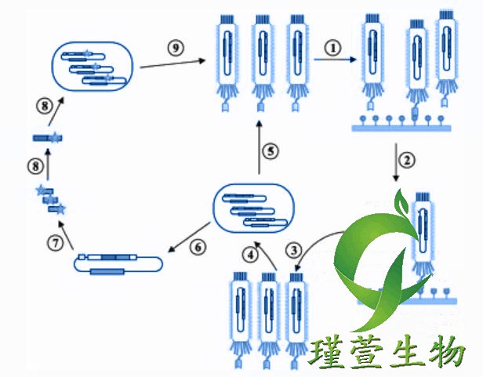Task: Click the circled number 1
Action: point(335,46)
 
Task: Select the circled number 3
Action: point(292,250)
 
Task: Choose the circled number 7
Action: point(55,243)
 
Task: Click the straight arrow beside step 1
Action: point(335,60)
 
